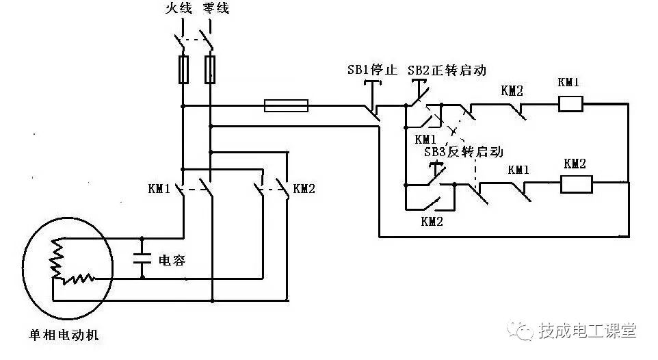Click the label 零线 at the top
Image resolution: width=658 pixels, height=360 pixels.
coord(216,9)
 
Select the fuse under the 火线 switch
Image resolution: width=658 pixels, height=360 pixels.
coord(183,70)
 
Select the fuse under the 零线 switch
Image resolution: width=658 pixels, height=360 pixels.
coord(211,70)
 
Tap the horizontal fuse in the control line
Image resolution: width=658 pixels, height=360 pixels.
coord(286,105)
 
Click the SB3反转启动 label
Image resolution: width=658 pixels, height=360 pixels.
coord(463,152)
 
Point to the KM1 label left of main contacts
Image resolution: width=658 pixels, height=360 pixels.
coord(159,188)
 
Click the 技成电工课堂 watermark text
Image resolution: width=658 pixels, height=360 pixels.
coord(588,331)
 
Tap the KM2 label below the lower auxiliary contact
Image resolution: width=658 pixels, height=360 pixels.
coord(432,221)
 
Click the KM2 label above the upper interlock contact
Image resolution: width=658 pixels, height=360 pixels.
coord(512,90)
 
